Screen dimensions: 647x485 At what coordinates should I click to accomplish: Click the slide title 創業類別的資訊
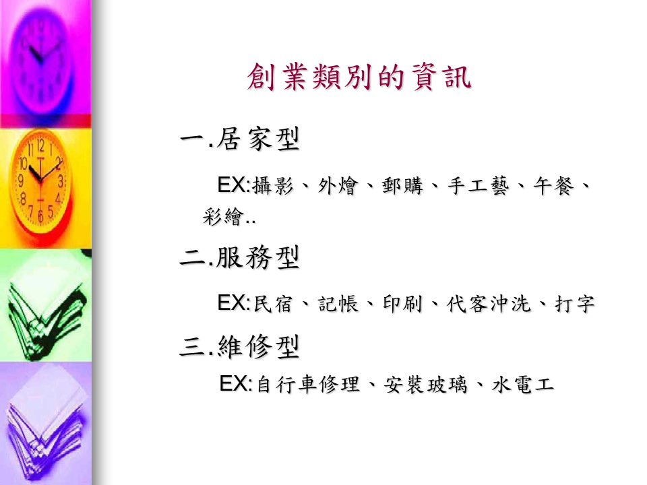[x=359, y=77]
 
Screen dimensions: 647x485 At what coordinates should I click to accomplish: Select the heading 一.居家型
[x=240, y=139]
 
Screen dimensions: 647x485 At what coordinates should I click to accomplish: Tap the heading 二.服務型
[x=240, y=258]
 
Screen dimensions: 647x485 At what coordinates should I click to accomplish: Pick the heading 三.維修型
[x=240, y=347]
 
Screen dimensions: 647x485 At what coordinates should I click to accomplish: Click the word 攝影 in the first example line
[x=273, y=186]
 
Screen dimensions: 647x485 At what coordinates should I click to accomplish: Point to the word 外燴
[x=337, y=186]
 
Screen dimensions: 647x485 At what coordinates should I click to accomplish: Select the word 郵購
[x=402, y=186]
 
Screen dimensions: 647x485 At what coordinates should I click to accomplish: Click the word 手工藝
[x=479, y=186]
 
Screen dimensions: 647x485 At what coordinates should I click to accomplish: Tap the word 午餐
[x=553, y=186]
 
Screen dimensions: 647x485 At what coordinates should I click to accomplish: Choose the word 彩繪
[x=223, y=216]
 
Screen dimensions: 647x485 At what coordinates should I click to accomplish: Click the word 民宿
[x=273, y=304]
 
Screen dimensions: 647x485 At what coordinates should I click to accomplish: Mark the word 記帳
[x=338, y=304]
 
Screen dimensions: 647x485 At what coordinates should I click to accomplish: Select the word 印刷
[x=402, y=304]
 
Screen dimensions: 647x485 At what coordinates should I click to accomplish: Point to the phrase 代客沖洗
[x=488, y=304]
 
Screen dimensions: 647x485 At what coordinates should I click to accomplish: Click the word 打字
[x=574, y=304]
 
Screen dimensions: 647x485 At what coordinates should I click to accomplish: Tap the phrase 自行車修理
[x=308, y=385]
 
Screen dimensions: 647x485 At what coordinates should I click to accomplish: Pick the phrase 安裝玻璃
[x=425, y=385]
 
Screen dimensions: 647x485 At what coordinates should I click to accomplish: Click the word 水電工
[x=522, y=385]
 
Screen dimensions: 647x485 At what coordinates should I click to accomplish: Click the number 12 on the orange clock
[x=40, y=145]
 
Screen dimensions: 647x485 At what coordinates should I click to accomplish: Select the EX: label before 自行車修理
[x=236, y=383]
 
